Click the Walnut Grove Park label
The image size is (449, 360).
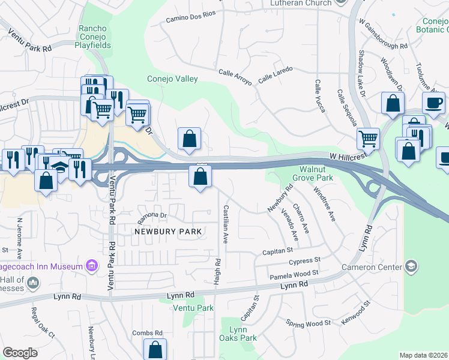coord(312,173)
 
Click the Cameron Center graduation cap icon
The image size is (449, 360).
coord(411,266)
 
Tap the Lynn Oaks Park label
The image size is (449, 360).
coord(243,334)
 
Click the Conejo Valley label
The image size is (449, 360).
coord(172,79)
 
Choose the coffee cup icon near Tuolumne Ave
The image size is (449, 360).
coord(433,102)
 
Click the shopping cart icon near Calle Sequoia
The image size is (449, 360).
coord(368,139)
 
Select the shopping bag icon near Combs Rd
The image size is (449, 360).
coord(155,349)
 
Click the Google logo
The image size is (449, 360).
coord(20,353)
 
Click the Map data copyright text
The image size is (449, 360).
coord(424,355)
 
